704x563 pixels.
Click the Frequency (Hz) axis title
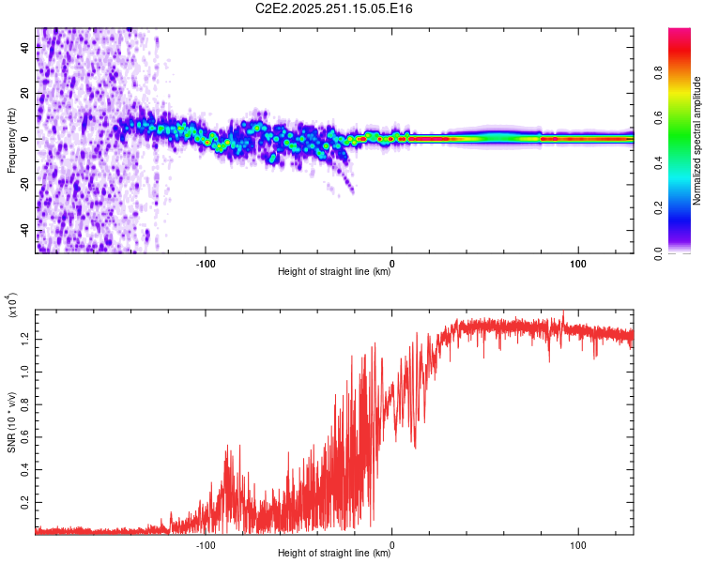[x=11, y=140]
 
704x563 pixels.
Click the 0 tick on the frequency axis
[x=26, y=139]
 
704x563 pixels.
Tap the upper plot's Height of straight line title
[x=334, y=272]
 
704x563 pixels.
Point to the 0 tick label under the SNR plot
[x=392, y=543]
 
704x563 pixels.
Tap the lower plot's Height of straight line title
[x=334, y=554]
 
